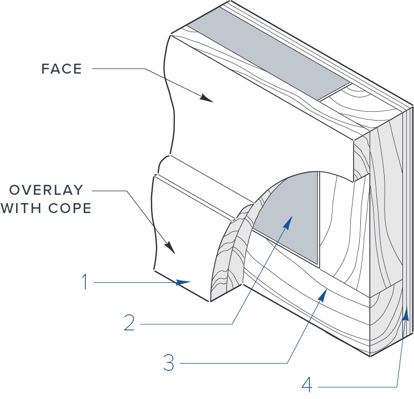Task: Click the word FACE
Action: coord(61,69)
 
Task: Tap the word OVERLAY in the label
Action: coord(46,190)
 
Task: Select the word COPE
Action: coord(70,208)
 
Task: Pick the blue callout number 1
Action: coord(85,282)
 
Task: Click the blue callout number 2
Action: coord(130,323)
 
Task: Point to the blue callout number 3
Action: coord(169,362)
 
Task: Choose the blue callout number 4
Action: coord(307,385)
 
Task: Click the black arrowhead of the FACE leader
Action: coord(206,98)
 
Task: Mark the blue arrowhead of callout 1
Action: coord(183,282)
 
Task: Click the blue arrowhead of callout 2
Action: coord(288,221)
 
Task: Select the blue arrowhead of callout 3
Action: coord(323,295)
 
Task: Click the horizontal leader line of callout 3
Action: coord(234,363)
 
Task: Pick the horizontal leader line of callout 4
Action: coord(358,387)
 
